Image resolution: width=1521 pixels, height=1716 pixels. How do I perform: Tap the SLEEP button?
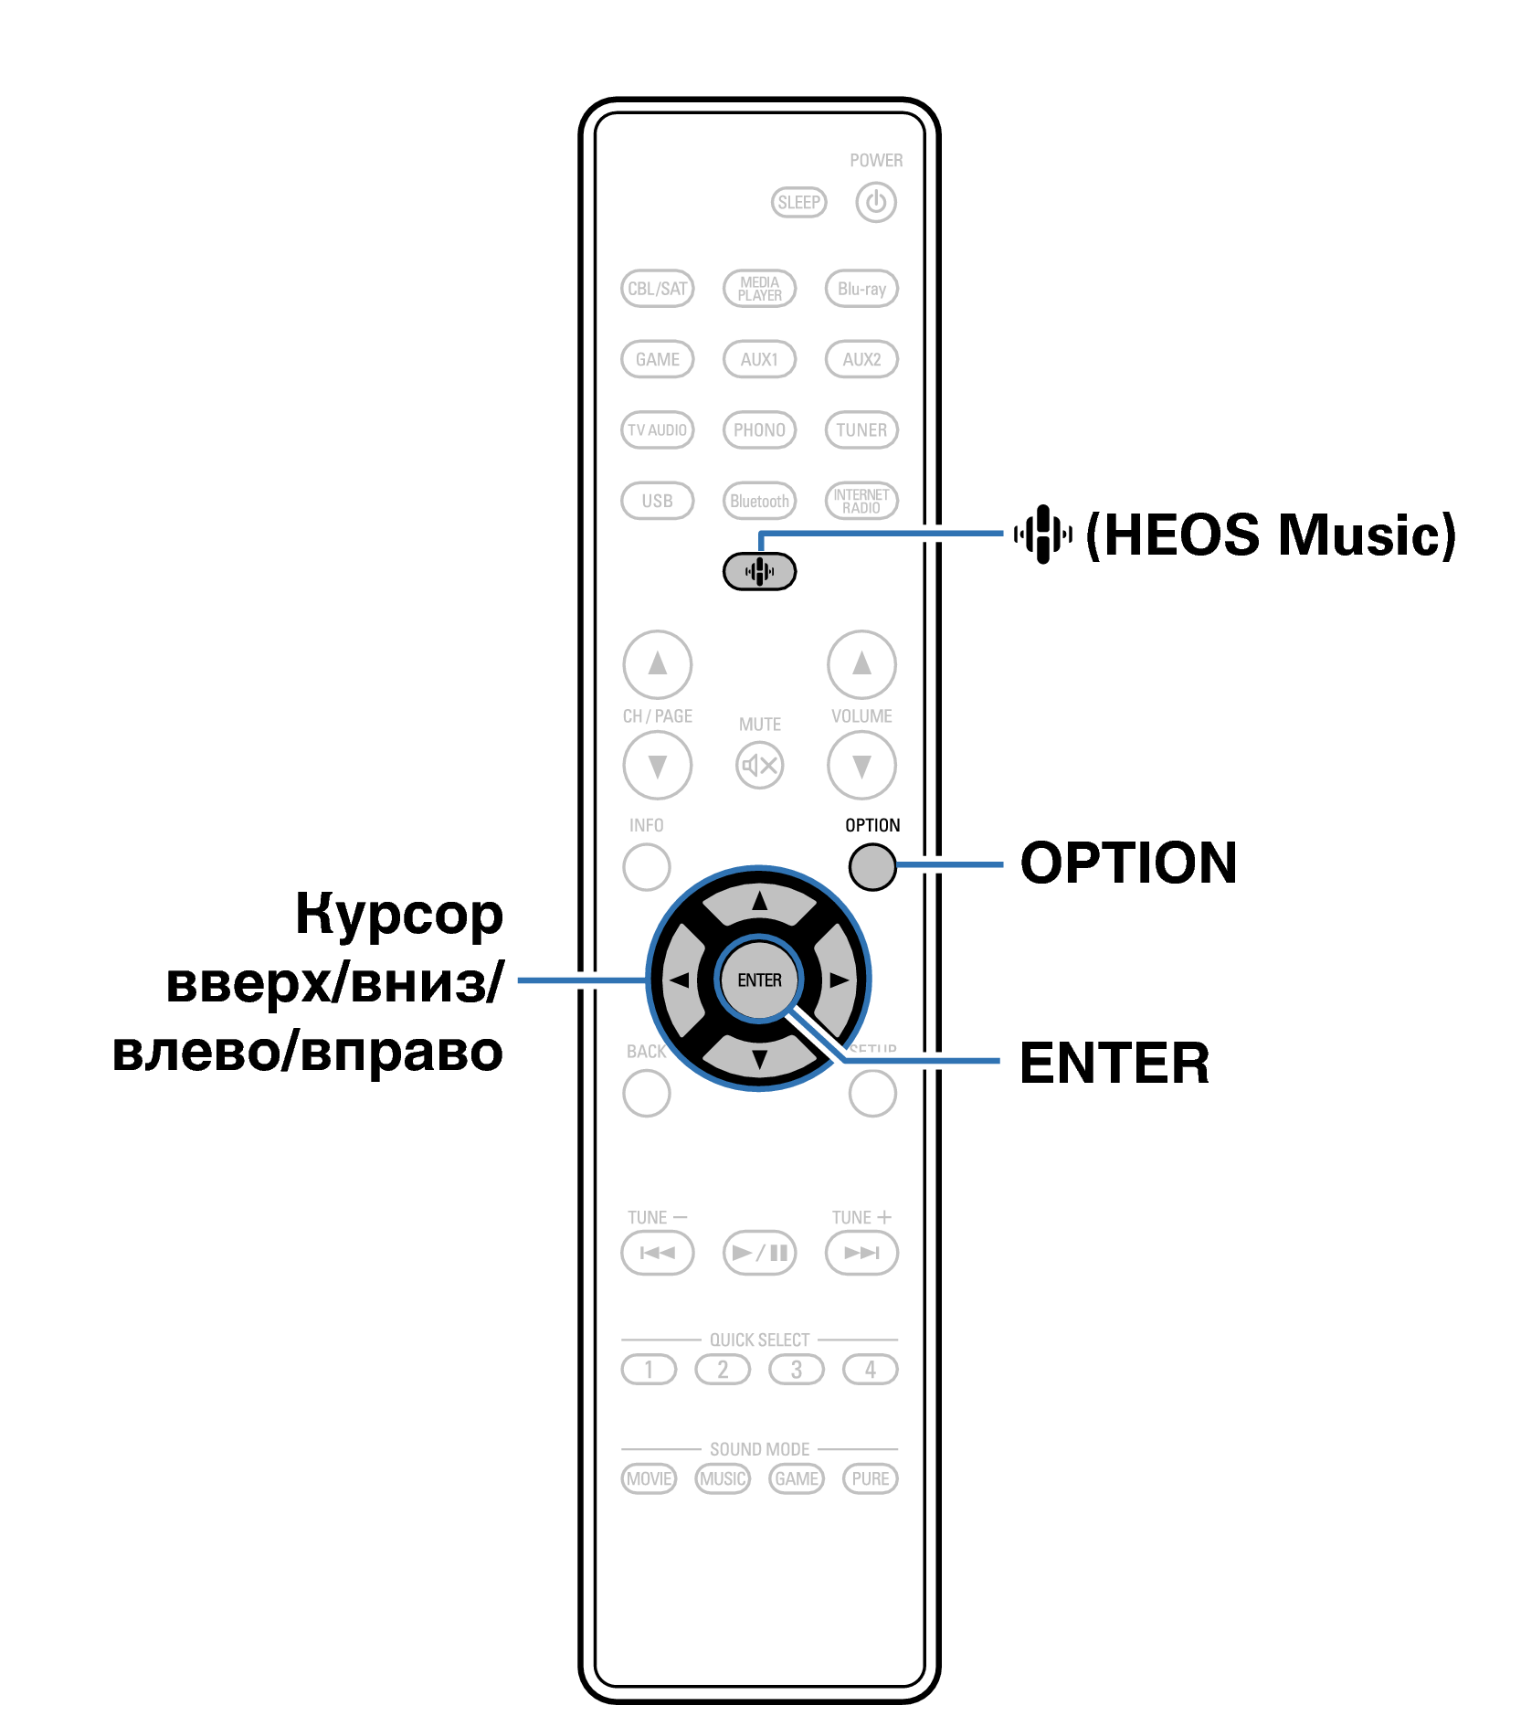[798, 202]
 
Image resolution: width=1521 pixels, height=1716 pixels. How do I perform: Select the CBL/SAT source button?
[657, 289]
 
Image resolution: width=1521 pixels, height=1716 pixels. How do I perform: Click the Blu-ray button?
[861, 289]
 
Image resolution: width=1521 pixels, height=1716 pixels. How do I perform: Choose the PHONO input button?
[759, 429]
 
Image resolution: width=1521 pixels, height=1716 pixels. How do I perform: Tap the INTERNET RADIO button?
[861, 501]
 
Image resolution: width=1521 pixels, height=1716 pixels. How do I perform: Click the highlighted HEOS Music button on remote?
[759, 572]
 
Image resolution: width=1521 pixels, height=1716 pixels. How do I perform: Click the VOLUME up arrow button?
[861, 663]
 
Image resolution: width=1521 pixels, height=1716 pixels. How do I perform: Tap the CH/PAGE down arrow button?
[657, 765]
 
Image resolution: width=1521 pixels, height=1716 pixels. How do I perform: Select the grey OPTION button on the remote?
[871, 865]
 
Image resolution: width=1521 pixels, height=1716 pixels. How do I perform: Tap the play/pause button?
[759, 1252]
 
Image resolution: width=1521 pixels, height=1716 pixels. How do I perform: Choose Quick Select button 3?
[797, 1370]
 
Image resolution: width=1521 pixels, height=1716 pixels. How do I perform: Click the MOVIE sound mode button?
[649, 1478]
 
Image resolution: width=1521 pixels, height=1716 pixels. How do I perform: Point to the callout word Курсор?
[399, 914]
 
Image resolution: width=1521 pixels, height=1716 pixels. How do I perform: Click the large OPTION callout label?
[1128, 863]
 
